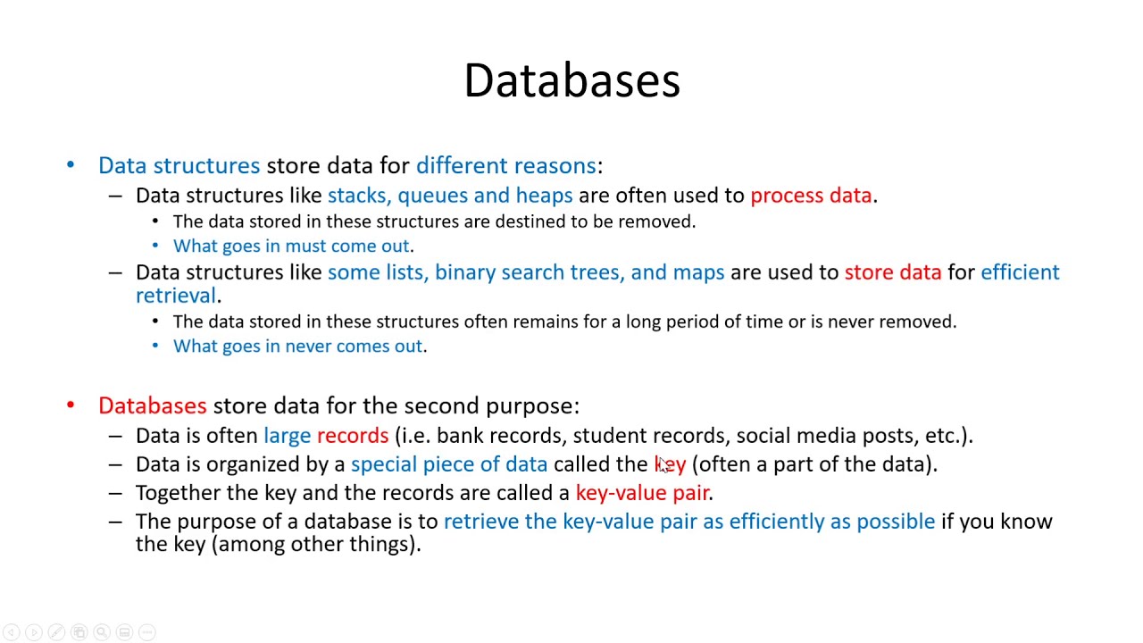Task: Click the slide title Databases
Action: [571, 80]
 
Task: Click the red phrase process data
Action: [810, 196]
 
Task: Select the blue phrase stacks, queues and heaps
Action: [449, 196]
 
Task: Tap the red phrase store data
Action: [892, 272]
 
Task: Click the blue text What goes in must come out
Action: [291, 246]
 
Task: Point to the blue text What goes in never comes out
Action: [297, 346]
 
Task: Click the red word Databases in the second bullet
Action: [152, 406]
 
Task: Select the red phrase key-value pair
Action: [642, 493]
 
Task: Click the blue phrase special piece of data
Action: [448, 464]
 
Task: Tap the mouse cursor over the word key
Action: [663, 463]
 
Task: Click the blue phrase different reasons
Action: [505, 166]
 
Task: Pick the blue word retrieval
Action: [176, 296]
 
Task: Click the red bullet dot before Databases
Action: [71, 406]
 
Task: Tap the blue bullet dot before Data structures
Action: [71, 166]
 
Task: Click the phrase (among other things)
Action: [315, 544]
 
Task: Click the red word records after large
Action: [352, 436]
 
